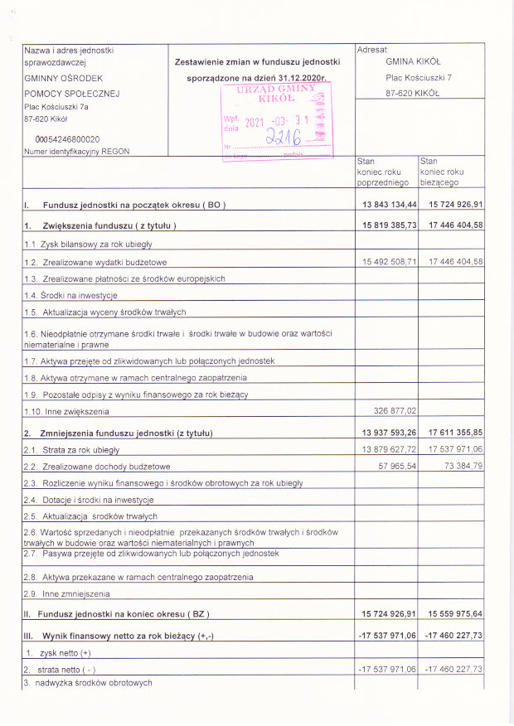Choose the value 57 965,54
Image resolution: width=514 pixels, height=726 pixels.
pos(397,466)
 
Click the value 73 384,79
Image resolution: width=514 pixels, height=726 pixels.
pos(459,466)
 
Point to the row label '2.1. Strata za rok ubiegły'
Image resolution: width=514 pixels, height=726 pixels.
pos(72,449)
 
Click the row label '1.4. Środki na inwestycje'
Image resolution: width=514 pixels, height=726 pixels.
pos(70,295)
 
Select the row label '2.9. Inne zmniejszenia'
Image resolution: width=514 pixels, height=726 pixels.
pos(67,593)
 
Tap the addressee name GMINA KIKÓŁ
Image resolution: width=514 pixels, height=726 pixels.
pos(413,60)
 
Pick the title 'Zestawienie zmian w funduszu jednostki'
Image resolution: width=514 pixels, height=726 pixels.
pos(258,62)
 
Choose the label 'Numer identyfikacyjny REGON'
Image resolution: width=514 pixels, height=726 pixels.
pos(77,152)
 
